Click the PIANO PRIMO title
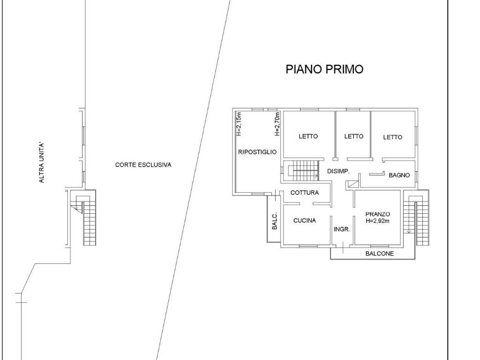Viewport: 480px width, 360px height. tap(324, 69)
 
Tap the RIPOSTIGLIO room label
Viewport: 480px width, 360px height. tap(257, 152)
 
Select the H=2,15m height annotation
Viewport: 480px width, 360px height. tap(239, 124)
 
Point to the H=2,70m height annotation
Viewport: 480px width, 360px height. tap(277, 124)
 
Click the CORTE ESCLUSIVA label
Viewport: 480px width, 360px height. tap(143, 165)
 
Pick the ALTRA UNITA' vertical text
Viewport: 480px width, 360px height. tap(42, 163)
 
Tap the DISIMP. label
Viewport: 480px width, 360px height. tap(338, 172)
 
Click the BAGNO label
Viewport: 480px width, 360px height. tap(399, 175)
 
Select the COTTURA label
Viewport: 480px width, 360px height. tap(305, 193)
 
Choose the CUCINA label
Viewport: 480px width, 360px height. tap(305, 220)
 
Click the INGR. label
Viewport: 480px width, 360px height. tap(342, 229)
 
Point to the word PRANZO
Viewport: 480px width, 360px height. tap(378, 214)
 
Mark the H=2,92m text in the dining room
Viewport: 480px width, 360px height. tap(378, 221)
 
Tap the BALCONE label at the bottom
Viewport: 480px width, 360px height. tap(380, 254)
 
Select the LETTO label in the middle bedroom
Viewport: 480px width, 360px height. tap(353, 136)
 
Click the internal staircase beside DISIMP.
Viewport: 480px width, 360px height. tap(303, 171)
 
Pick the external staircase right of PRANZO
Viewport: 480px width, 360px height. tap(416, 217)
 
